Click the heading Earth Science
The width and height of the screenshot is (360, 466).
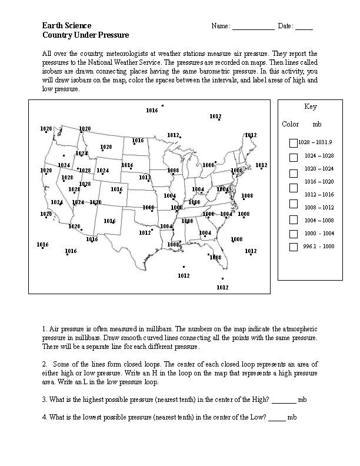click(66, 26)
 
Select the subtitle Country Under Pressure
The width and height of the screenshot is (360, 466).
click(85, 35)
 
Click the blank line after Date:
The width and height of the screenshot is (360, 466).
click(304, 27)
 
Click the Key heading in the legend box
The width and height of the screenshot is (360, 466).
click(311, 106)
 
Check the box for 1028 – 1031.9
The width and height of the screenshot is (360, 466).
click(294, 142)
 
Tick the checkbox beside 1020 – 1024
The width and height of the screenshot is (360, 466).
click(294, 174)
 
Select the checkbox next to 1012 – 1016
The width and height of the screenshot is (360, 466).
click(294, 204)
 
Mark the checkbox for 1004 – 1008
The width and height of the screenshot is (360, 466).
click(294, 220)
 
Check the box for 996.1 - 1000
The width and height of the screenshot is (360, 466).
click(294, 247)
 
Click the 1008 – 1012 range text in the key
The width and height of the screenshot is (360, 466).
click(319, 207)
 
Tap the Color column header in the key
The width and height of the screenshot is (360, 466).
click(291, 124)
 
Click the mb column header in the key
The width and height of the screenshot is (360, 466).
click(317, 124)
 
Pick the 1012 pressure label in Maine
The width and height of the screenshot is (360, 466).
click(251, 135)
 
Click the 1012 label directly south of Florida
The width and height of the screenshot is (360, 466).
click(222, 287)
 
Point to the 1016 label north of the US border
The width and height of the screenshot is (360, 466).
click(152, 110)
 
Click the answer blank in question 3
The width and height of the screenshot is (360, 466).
click(284, 400)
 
